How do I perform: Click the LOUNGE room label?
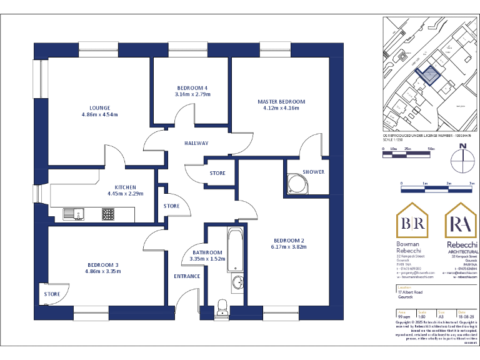tap(99, 107)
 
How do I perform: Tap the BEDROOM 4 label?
tap(192, 87)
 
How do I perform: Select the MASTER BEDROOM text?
tap(281, 101)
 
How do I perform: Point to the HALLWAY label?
tap(196, 143)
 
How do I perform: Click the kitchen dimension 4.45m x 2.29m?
tap(126, 194)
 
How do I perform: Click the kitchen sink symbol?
tap(73, 214)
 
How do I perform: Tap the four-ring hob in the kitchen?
tap(108, 214)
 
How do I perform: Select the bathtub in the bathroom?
tap(236, 250)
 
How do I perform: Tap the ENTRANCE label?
tap(187, 276)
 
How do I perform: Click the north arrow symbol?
tap(462, 154)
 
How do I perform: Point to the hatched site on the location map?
tap(428, 76)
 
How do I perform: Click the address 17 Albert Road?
tap(410, 292)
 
